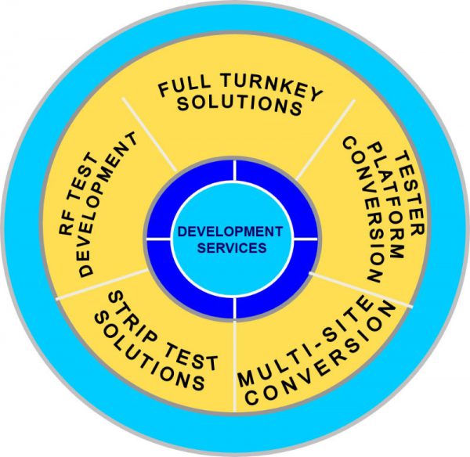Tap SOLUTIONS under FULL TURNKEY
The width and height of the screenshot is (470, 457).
[x=238, y=105]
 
